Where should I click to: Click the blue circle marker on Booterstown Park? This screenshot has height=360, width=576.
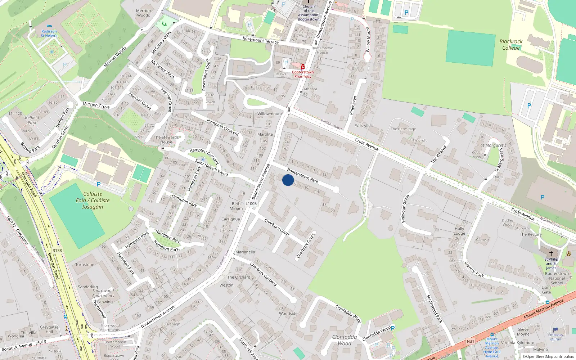[288, 180]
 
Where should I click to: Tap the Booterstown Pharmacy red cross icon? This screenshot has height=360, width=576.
[303, 67]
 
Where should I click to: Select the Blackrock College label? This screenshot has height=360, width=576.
[511, 45]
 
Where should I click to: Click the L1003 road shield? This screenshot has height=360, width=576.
[251, 204]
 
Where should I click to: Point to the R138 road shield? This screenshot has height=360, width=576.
[57, 251]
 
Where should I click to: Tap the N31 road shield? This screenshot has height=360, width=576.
[470, 341]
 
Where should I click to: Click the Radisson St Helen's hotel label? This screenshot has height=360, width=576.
[49, 33]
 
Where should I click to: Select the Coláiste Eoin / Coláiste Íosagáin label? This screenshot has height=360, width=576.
[93, 201]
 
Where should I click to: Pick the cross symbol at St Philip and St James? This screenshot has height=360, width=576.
[551, 253]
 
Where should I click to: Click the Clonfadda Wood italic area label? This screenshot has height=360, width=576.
[345, 340]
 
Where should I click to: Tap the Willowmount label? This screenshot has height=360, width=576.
[270, 114]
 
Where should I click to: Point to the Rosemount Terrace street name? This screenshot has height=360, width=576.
[261, 40]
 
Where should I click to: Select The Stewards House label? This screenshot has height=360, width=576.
[166, 140]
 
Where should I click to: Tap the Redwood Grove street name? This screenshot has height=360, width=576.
[405, 208]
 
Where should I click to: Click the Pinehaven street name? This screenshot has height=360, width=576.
[353, 105]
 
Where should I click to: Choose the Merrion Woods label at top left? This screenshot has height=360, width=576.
[143, 13]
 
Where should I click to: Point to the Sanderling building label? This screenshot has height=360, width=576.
[88, 287]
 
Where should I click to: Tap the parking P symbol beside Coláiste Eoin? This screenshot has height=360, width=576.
[99, 184]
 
